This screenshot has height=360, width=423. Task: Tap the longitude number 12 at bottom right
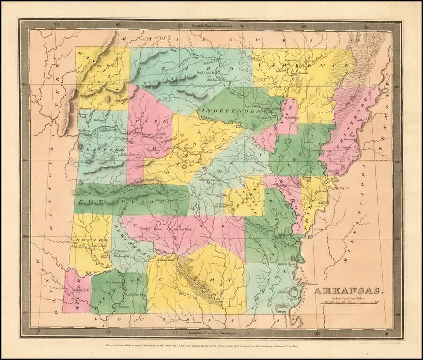(x=386, y=333)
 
